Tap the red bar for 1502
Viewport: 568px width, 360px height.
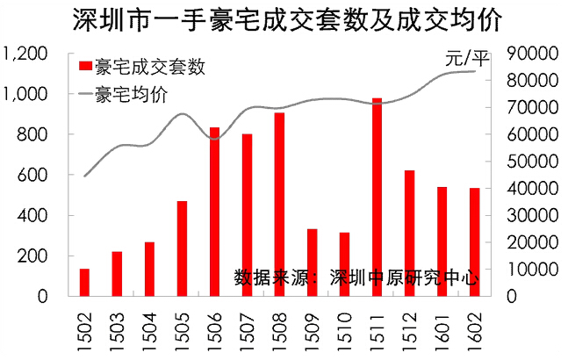point(85,282)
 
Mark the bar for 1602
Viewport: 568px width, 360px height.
point(474,241)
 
